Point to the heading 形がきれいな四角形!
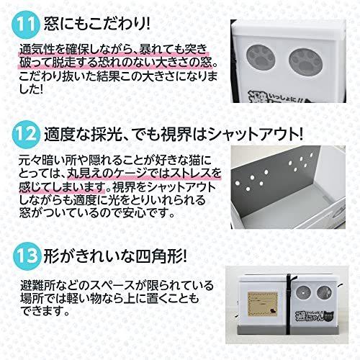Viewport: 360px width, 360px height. click(110, 257)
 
